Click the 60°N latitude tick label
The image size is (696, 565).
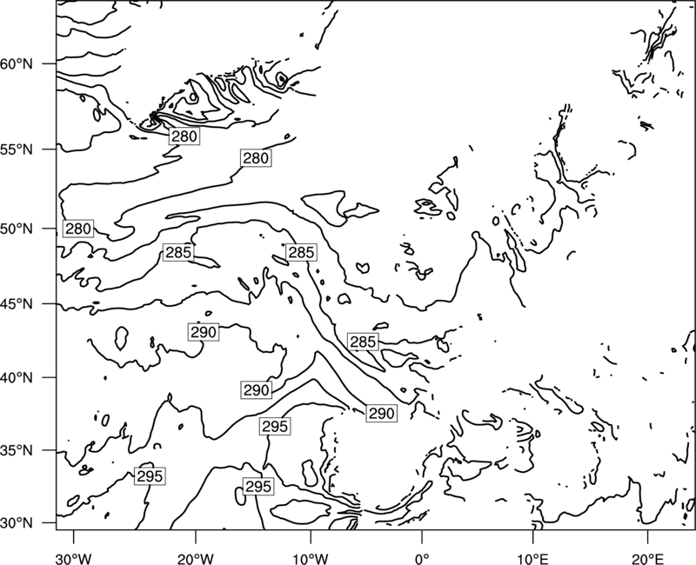point(17,64)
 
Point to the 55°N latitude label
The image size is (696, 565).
point(17,150)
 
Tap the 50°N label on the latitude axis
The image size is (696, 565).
point(17,229)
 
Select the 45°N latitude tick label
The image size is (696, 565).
point(17,304)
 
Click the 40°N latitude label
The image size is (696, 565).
point(17,378)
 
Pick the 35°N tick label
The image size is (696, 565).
point(17,450)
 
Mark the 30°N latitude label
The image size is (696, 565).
point(17,523)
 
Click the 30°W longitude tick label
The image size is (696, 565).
point(73,558)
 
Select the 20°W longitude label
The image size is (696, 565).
point(195,558)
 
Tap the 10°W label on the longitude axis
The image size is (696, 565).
point(311,558)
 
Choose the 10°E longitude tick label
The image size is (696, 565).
point(533,558)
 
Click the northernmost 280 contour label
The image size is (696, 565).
point(184,136)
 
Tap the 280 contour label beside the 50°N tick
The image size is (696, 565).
point(78,229)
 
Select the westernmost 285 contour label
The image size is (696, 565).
point(178,252)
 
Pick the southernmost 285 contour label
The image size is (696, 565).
point(363,342)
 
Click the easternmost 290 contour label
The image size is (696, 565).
point(382,414)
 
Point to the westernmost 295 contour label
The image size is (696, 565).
point(150,476)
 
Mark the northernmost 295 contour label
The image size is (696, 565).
point(275,427)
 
